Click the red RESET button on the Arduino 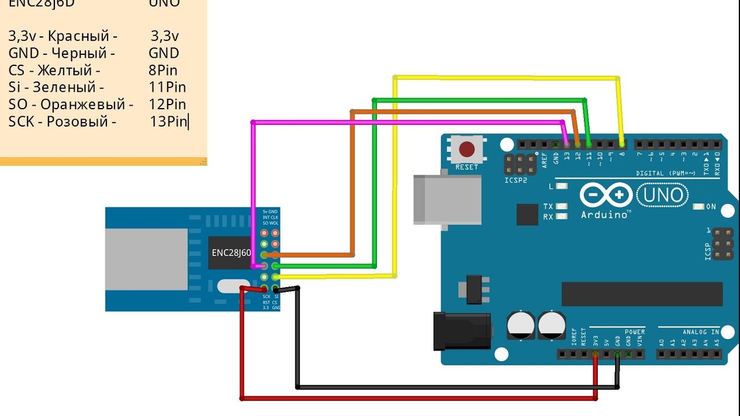[x=467, y=150]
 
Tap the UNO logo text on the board [x=663, y=195]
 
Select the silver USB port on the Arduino [x=447, y=199]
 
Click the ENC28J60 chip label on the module [x=231, y=252]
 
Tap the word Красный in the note [x=83, y=36]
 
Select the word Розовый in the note [x=81, y=122]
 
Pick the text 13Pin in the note [x=169, y=122]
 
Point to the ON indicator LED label [x=711, y=207]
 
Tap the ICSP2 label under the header [x=516, y=180]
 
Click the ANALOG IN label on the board [x=701, y=332]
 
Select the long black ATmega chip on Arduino [x=642, y=294]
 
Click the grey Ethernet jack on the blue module [x=146, y=258]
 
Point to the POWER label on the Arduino [x=634, y=332]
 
